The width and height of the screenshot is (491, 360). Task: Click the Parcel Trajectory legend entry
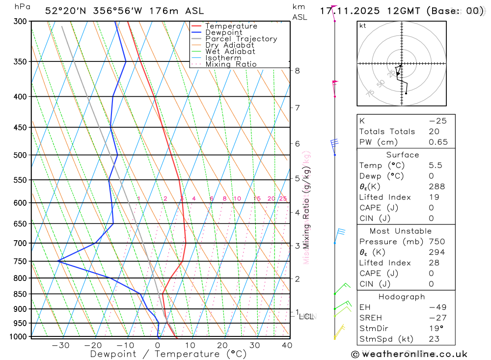coord(241,39)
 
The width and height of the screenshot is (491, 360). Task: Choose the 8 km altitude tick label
coord(297,71)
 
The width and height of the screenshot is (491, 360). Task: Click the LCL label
coord(306,317)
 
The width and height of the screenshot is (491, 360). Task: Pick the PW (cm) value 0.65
coord(438,142)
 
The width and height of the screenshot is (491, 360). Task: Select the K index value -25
coord(437,121)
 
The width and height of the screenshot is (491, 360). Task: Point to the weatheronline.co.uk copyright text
coord(409,354)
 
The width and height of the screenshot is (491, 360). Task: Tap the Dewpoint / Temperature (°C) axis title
coord(168,354)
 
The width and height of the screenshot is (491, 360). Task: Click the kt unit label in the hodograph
coord(363,26)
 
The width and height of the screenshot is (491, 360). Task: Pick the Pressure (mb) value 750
coord(436,242)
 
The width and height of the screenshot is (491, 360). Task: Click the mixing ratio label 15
coord(257,199)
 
